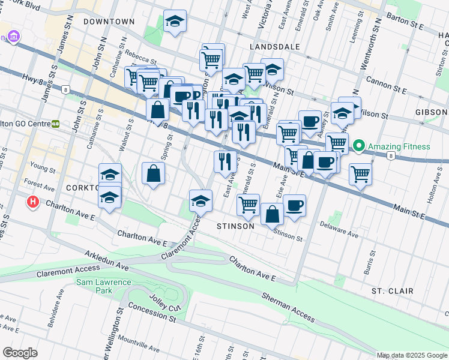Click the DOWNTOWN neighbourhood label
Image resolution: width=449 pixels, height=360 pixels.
pyautogui.click(x=109, y=22)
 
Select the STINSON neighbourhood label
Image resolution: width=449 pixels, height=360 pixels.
pyautogui.click(x=235, y=226)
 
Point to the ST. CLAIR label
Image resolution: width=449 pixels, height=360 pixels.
pyautogui.click(x=392, y=291)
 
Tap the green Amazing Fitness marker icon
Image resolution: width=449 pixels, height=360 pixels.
pyautogui.click(x=359, y=146)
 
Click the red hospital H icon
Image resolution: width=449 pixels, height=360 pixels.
pyautogui.click(x=34, y=203)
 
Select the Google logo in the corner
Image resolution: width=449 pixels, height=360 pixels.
pyautogui.click(x=20, y=353)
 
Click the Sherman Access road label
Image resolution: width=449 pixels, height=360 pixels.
pyautogui.click(x=288, y=309)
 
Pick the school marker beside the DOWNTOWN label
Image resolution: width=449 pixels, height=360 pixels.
pyautogui.click(x=175, y=21)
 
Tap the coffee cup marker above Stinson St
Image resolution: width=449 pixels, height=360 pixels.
pyautogui.click(x=294, y=205)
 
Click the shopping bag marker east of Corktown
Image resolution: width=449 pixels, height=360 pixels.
pyautogui.click(x=153, y=173)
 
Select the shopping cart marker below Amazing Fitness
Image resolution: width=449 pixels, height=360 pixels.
pyautogui.click(x=360, y=174)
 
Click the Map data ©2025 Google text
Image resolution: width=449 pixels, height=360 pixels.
pyautogui.click(x=412, y=355)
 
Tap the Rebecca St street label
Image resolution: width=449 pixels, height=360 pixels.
pyautogui.click(x=141, y=61)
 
